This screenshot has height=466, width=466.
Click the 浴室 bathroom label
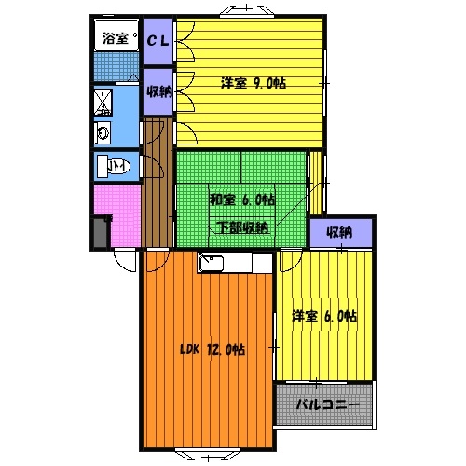(113, 38)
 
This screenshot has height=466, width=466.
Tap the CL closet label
(158, 40)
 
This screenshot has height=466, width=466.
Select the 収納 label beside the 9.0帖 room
(158, 91)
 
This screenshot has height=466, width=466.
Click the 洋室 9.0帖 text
(253, 83)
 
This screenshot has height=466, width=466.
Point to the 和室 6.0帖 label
(241, 199)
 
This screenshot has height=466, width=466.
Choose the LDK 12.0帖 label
(212, 350)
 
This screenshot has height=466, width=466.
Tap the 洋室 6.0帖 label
(323, 317)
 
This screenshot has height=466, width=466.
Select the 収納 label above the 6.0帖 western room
(340, 231)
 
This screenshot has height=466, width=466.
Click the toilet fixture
(115, 167)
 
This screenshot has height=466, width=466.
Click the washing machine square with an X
(103, 101)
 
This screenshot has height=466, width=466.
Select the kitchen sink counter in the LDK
(233, 264)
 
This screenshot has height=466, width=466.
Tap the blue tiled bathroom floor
(112, 67)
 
